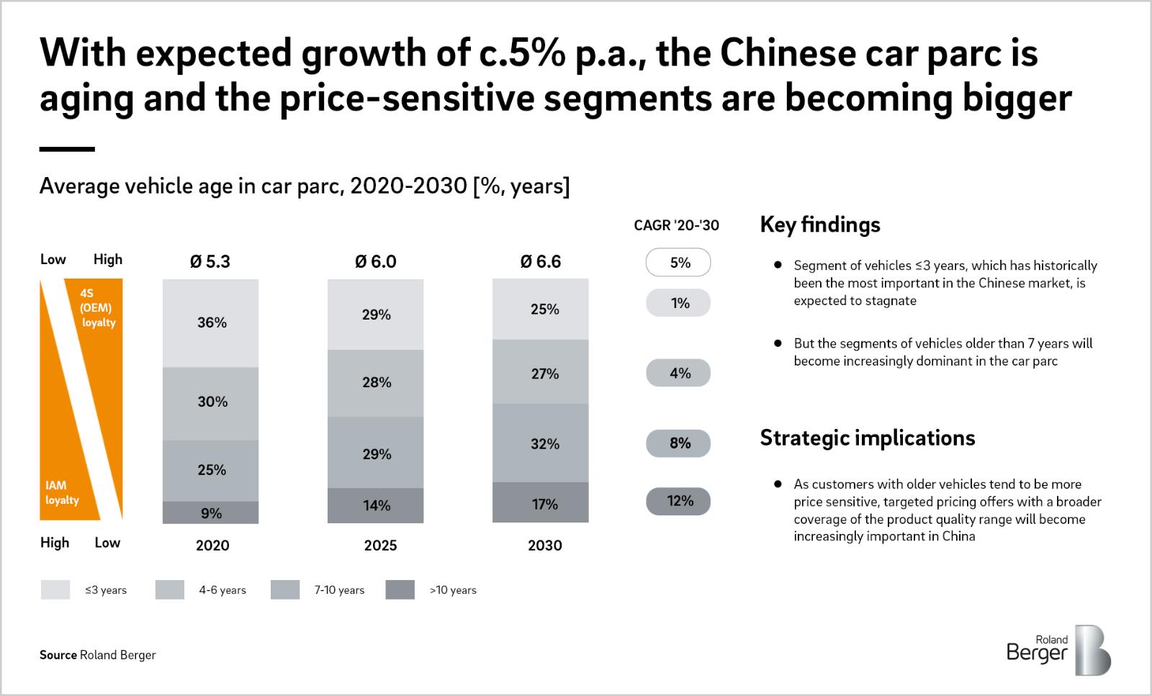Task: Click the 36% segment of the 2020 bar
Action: [210, 323]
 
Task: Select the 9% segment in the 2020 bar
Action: [210, 512]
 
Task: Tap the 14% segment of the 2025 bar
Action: [375, 505]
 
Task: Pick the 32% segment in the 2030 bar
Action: [540, 443]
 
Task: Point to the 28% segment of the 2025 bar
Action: [375, 383]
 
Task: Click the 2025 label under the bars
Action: [380, 546]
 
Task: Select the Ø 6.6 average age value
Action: [541, 261]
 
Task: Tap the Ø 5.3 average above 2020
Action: [210, 261]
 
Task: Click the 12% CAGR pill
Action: [678, 501]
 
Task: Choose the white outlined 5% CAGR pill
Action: [678, 263]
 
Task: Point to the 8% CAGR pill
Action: [678, 443]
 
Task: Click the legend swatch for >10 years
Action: [400, 590]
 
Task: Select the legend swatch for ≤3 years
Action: [55, 590]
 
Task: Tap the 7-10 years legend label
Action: [339, 590]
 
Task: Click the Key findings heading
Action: [820, 225]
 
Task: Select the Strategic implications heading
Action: [868, 438]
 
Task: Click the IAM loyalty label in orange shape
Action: [62, 493]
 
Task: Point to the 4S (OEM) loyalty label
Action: [97, 308]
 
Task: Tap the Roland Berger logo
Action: [1058, 650]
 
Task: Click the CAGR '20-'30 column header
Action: [676, 225]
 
